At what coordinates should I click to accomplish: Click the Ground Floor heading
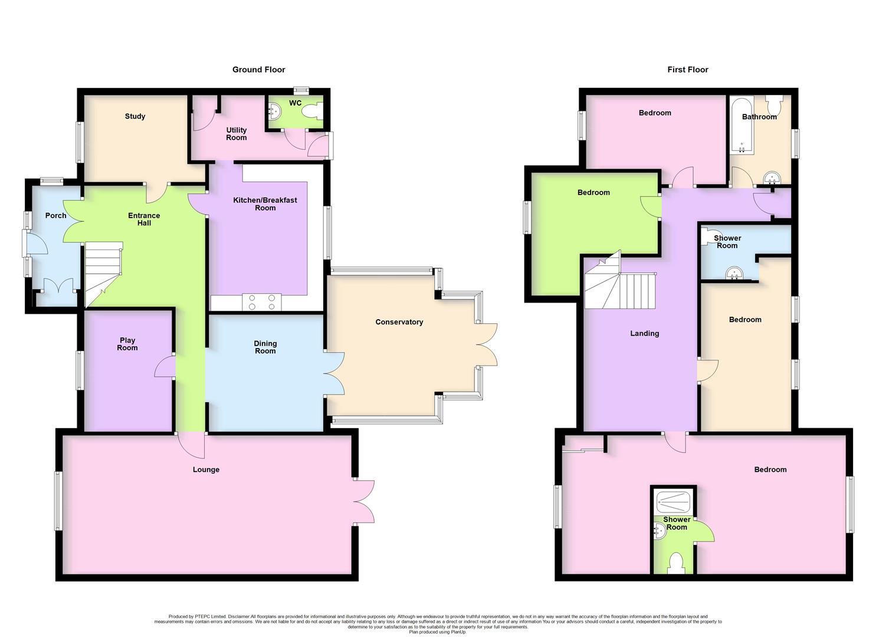pyautogui.click(x=258, y=70)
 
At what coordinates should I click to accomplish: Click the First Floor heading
pyautogui.click(x=687, y=70)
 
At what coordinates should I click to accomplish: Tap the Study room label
pyautogui.click(x=135, y=116)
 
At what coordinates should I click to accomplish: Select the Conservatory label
pyautogui.click(x=399, y=322)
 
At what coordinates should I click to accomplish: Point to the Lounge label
pyautogui.click(x=206, y=469)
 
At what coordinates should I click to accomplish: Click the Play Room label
pyautogui.click(x=127, y=344)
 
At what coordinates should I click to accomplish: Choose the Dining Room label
pyautogui.click(x=265, y=347)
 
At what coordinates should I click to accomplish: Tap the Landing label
pyautogui.click(x=644, y=333)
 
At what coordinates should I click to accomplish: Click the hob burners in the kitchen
pyautogui.click(x=262, y=302)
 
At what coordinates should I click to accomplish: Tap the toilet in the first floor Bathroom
pyautogui.click(x=774, y=104)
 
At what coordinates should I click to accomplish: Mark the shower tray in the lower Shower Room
pyautogui.click(x=673, y=502)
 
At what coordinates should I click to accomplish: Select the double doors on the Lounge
pyautogui.click(x=365, y=501)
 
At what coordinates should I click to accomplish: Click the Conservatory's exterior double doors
pyautogui.click(x=487, y=345)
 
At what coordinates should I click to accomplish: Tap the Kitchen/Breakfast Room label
pyautogui.click(x=265, y=204)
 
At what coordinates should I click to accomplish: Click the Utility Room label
pyautogui.click(x=236, y=134)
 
